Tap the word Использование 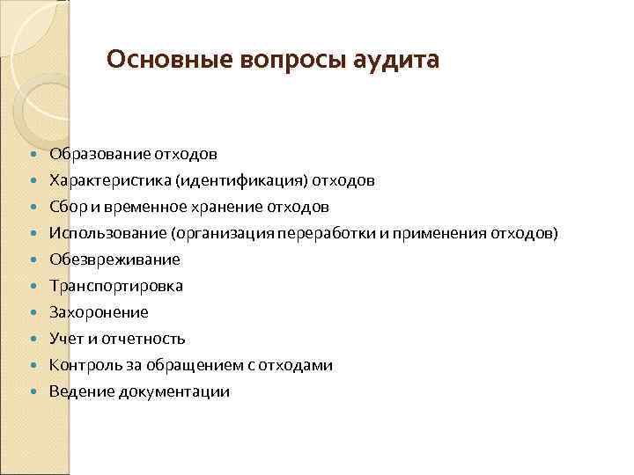pos(107,234)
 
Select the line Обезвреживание pos(114,260)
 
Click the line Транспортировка pos(116,287)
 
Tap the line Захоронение pos(99,313)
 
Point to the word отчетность pos(142,340)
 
